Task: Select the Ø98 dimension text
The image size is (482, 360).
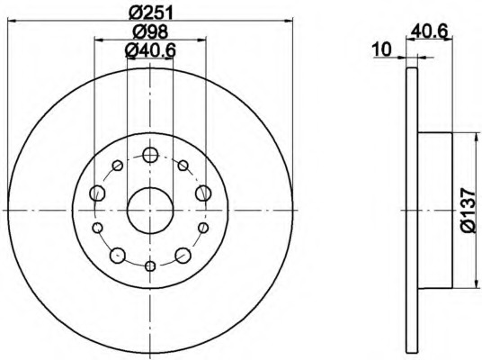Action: [150, 31]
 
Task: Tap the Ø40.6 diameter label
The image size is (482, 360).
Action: [150, 50]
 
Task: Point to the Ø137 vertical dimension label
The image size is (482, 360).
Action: [468, 211]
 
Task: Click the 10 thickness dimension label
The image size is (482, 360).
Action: [381, 49]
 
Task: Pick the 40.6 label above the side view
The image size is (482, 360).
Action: [429, 31]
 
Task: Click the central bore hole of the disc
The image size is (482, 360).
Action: [150, 211]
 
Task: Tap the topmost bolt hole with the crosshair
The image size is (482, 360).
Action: [150, 155]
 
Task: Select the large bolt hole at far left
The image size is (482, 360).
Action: [97, 193]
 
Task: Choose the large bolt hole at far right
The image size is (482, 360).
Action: [203, 193]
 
